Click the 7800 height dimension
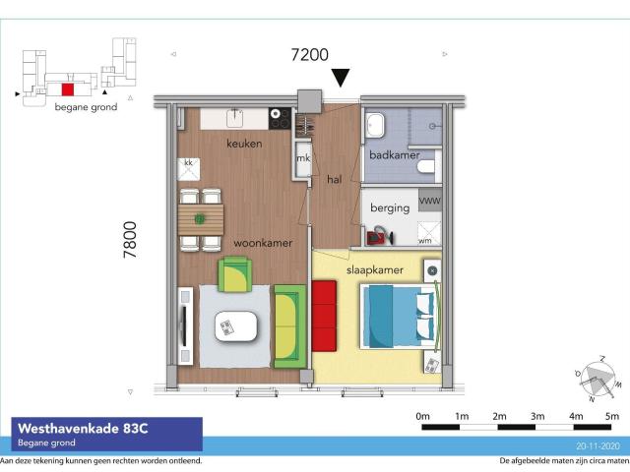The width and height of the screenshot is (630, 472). click(130, 239)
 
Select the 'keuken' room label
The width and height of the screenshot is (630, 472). click(244, 144)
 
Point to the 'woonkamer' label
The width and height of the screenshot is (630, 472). click(261, 242)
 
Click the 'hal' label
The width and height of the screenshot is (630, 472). click(334, 178)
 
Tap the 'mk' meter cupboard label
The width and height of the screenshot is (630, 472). click(304, 158)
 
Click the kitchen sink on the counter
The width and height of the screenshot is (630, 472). click(236, 119)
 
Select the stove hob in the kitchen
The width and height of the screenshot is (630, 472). click(280, 120)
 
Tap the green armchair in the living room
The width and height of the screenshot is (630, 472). click(235, 273)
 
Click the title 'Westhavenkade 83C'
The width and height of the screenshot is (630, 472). click(78, 428)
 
